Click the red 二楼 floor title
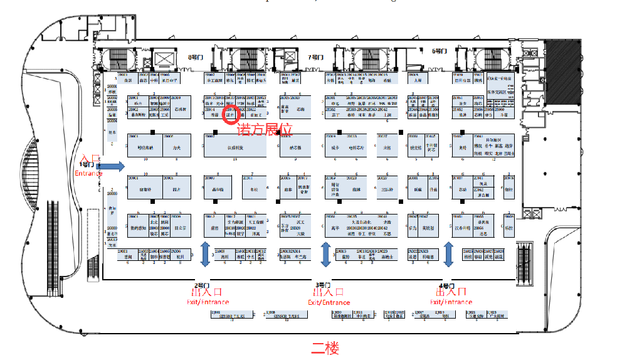click(x=326, y=347)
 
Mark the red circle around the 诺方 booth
click(x=230, y=116)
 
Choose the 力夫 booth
click(x=176, y=148)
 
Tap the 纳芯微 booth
click(x=295, y=148)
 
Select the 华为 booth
click(x=413, y=228)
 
